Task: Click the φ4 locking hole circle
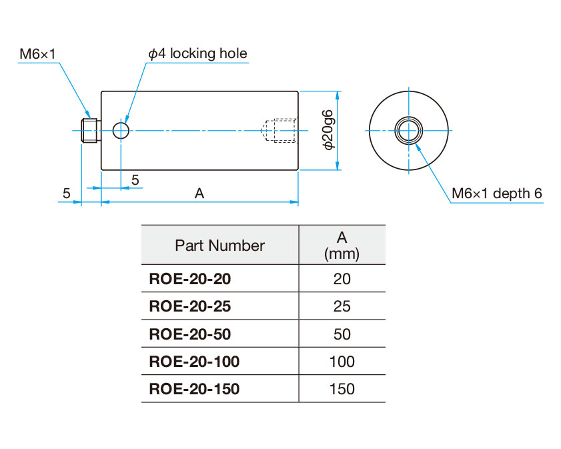click(x=121, y=130)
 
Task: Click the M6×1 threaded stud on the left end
click(x=89, y=130)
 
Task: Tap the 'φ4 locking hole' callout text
click(x=197, y=54)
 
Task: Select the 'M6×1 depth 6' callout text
click(x=497, y=194)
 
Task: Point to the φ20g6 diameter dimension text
click(x=327, y=130)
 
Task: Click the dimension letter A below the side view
click(x=199, y=193)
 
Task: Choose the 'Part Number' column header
click(x=219, y=246)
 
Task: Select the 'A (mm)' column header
click(x=342, y=245)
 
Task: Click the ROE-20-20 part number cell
click(x=190, y=279)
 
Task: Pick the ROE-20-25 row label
click(x=190, y=306)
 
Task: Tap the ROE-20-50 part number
click(x=190, y=334)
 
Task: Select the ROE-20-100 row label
click(x=193, y=362)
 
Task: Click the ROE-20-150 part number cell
click(x=193, y=389)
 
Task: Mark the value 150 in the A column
click(x=342, y=389)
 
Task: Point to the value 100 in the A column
click(x=342, y=362)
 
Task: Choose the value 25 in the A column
click(x=342, y=306)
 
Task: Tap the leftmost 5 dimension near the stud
click(x=66, y=193)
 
